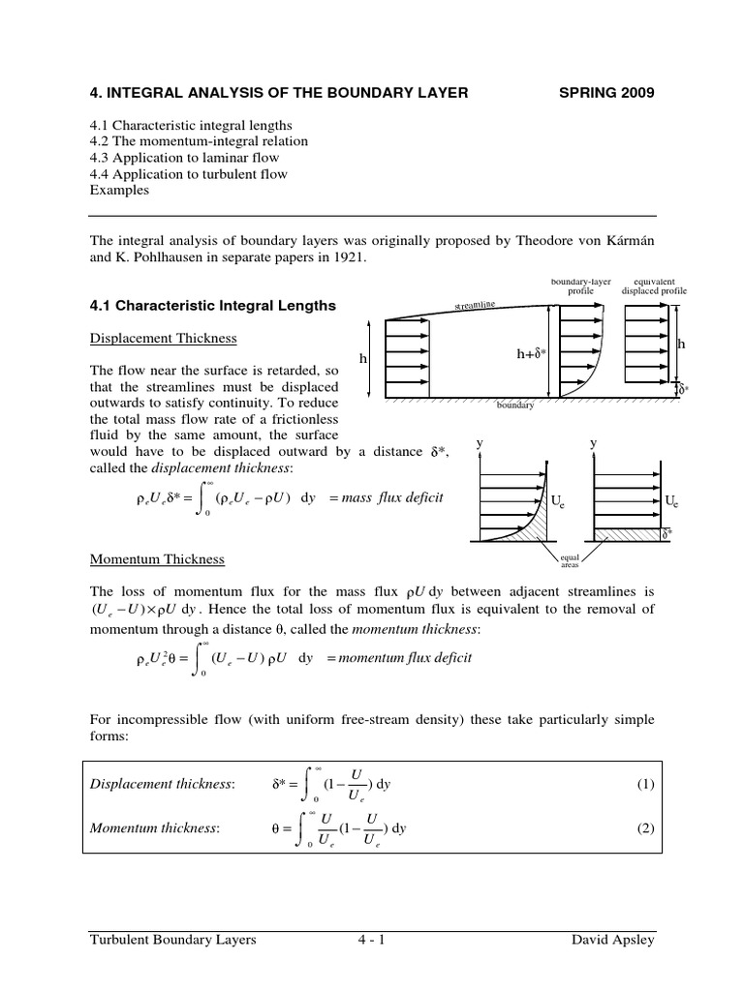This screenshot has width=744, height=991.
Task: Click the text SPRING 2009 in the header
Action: tap(607, 93)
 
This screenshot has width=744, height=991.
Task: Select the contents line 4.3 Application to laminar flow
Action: tap(184, 158)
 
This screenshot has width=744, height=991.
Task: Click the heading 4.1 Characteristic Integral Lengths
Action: tap(212, 306)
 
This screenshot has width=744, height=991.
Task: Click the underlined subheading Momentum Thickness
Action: tap(157, 559)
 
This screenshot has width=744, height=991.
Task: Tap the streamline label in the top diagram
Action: tap(475, 306)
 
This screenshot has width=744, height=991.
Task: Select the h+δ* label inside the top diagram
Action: tap(532, 355)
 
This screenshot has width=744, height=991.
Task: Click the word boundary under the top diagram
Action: tap(515, 405)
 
